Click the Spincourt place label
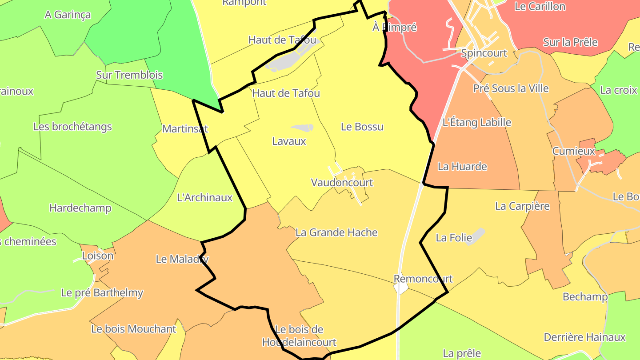click(x=484, y=53)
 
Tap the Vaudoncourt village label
click(x=342, y=183)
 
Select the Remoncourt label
click(x=423, y=279)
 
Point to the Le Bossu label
click(x=362, y=127)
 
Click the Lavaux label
click(x=289, y=141)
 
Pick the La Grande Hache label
click(x=336, y=232)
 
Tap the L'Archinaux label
click(x=204, y=197)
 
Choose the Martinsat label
click(x=185, y=129)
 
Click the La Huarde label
click(x=462, y=167)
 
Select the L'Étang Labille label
click(x=477, y=122)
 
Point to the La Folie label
click(x=454, y=238)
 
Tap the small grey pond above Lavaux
click(x=303, y=128)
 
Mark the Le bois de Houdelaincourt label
click(x=299, y=336)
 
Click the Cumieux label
click(x=573, y=151)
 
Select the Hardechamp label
click(x=80, y=208)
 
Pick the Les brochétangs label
click(x=72, y=127)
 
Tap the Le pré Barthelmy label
click(x=102, y=293)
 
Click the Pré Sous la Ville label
click(x=511, y=88)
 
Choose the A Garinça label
click(x=68, y=15)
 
